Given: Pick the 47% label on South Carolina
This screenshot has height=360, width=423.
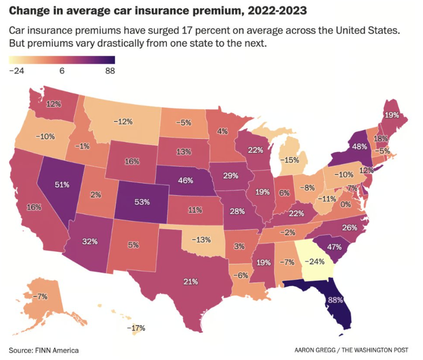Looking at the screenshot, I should click(334, 247).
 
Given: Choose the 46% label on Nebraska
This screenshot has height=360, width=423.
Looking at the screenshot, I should click(185, 180).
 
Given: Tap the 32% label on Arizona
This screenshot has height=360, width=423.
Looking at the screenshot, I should click(90, 241).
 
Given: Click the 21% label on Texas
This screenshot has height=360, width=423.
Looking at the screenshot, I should click(190, 282).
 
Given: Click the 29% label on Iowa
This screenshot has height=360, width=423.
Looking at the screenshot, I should click(230, 175).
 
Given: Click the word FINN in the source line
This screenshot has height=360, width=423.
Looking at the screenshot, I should click(43, 350).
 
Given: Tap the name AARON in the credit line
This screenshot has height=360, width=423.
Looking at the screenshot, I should click(306, 350).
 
